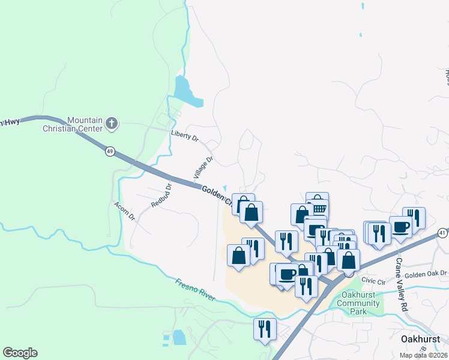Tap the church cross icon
(111, 124)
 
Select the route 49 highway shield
(109, 152)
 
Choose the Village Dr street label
(203, 167)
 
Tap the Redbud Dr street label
(161, 195)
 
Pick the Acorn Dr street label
(124, 211)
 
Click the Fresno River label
(194, 289)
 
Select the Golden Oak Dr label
(426, 275)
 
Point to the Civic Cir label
(372, 281)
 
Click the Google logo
(20, 353)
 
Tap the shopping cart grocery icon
(318, 208)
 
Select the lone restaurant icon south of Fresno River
(263, 328)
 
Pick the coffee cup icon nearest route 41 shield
(400, 227)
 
